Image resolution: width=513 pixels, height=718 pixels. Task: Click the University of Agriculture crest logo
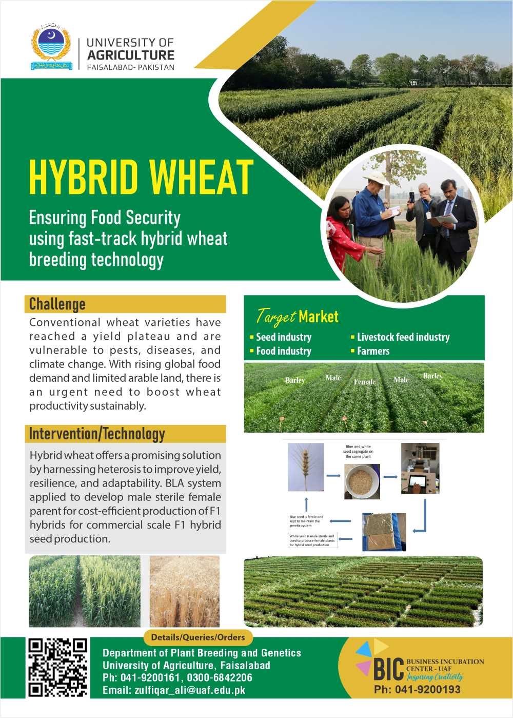click(51, 46)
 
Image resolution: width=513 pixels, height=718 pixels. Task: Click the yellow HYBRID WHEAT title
click(141, 177)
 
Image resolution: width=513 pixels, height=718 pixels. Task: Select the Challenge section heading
click(57, 304)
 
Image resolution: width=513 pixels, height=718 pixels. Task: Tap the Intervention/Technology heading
click(97, 434)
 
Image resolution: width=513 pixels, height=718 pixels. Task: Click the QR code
click(57, 667)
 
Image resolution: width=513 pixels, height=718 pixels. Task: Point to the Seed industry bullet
click(283, 337)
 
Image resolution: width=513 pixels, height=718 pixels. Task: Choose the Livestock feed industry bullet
click(403, 337)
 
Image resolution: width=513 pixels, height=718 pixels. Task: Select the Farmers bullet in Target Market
click(373, 351)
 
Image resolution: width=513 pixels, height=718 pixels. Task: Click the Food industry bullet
click(283, 351)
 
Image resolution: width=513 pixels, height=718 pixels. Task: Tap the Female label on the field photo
click(365, 382)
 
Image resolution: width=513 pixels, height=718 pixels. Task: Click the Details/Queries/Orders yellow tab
click(198, 637)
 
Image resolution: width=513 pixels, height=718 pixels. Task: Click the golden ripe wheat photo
click(184, 591)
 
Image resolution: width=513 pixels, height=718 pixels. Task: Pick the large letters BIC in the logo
click(388, 669)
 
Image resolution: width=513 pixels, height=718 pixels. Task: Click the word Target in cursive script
click(276, 317)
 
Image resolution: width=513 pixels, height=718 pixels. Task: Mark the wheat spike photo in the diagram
click(306, 468)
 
